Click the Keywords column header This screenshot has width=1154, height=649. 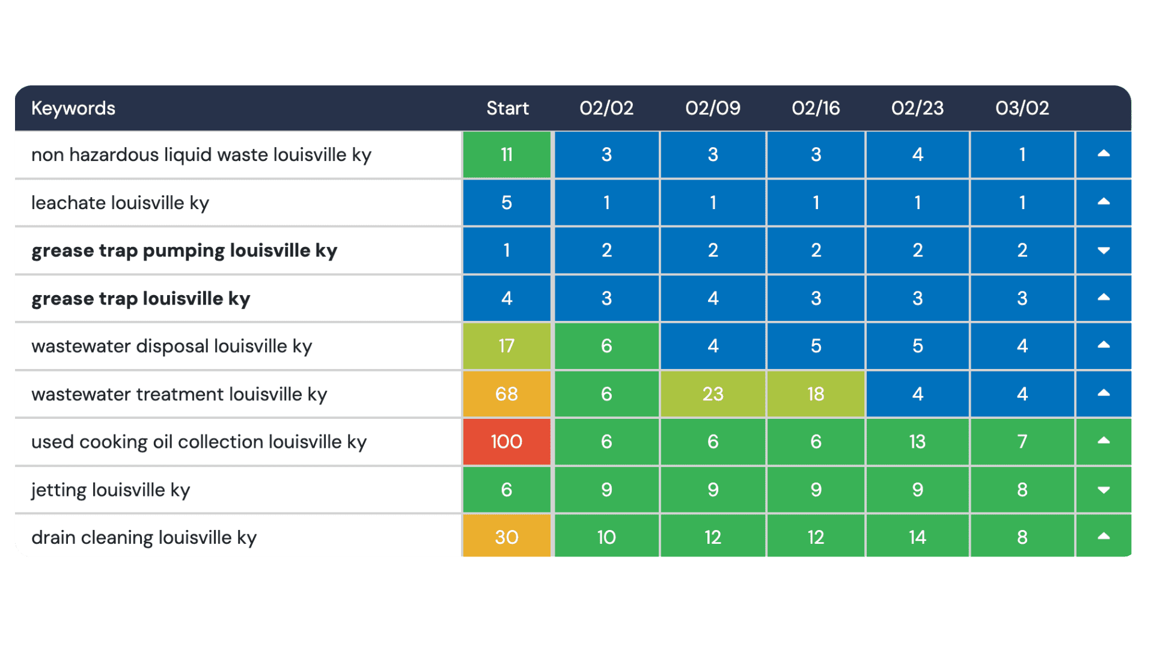tap(73, 108)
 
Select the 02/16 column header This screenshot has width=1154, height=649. tap(816, 108)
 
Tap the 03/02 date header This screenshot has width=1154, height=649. tap(1022, 108)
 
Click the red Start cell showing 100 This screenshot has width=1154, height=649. tap(507, 442)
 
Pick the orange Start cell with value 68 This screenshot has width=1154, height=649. tap(507, 394)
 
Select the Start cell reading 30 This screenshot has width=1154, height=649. tap(507, 537)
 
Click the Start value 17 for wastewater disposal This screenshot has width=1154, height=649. tap(507, 346)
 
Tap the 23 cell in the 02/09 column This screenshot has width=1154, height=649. tap(713, 394)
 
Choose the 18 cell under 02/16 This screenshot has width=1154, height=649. tap(816, 394)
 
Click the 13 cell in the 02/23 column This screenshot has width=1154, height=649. tap(917, 442)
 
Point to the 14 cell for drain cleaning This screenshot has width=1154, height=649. tap(917, 537)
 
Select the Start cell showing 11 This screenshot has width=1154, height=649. tap(507, 155)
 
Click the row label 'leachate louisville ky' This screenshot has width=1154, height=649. tap(120, 203)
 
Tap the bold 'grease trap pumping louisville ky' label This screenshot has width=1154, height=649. tap(184, 251)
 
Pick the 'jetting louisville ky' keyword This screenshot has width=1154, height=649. tap(111, 490)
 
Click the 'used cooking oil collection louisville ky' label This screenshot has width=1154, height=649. tap(199, 442)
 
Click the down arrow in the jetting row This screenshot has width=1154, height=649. tap(1104, 490)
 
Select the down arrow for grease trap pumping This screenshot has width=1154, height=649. tap(1104, 251)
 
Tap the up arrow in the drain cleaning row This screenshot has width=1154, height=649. tap(1104, 536)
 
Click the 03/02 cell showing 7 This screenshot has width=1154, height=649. tap(1022, 442)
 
